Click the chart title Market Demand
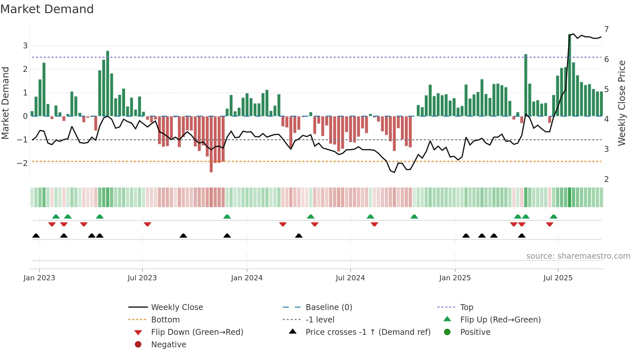[x=47, y=9]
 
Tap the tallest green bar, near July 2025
[x=570, y=75]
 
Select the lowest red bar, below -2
[x=211, y=144]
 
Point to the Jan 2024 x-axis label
[x=247, y=278]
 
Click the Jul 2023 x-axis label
[x=142, y=278]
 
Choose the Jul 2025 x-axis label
[x=558, y=278]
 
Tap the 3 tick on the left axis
[x=25, y=45]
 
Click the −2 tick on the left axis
[x=23, y=163]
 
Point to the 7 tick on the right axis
[x=606, y=29]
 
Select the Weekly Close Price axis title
[x=622, y=103]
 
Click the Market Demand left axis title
[x=5, y=103]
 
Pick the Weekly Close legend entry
[x=177, y=307]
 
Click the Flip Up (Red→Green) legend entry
[x=500, y=320]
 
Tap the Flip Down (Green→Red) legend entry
[x=197, y=332]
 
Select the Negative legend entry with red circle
[x=168, y=345]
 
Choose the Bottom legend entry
[x=165, y=320]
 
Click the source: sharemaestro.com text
[x=578, y=256]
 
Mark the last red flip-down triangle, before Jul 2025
[x=550, y=224]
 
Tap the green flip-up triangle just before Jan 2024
[x=227, y=217]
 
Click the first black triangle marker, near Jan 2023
[x=36, y=236]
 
